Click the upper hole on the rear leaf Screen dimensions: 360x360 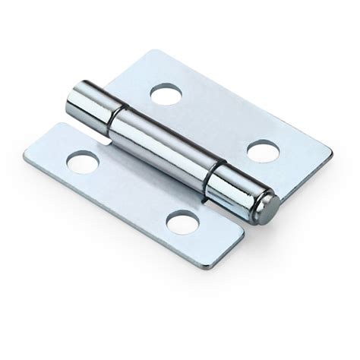click(166, 94)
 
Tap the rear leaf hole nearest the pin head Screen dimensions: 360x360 click(262, 151)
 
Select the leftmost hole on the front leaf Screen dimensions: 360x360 click(83, 161)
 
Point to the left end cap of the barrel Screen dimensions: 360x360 click(78, 103)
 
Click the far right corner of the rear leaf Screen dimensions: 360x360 click(332, 155)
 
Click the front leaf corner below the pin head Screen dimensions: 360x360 click(243, 228)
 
